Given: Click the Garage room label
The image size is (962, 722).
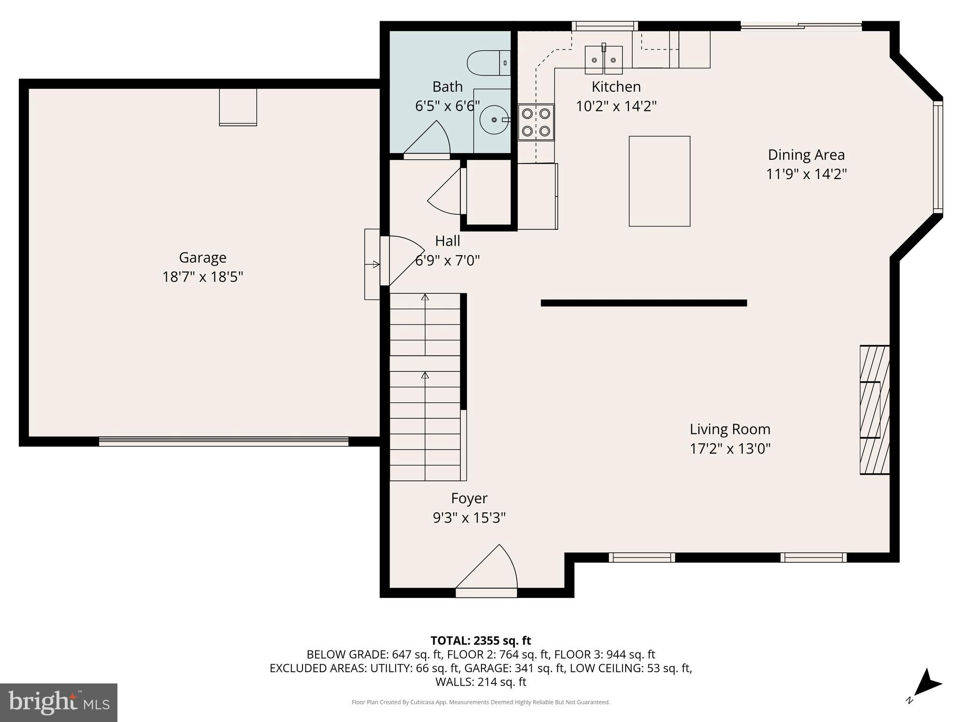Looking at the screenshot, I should click(202, 258).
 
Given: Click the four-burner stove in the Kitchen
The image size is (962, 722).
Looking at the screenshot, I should click(536, 122).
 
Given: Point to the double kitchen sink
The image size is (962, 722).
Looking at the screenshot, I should click(604, 60).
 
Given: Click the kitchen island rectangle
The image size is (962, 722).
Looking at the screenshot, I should click(659, 181).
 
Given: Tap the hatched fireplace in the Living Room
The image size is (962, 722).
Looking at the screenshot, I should click(875, 410).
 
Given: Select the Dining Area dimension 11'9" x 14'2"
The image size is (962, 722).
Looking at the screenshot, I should click(806, 174).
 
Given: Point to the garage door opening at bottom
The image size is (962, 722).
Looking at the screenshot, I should click(224, 441).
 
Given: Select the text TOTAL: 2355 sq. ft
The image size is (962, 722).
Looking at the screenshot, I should click(481, 641).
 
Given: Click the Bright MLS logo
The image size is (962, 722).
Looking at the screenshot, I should click(59, 702).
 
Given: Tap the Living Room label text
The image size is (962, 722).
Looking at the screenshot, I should click(729, 429).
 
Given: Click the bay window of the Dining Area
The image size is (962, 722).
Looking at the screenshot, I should click(938, 157).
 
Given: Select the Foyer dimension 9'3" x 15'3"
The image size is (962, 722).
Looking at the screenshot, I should click(469, 518).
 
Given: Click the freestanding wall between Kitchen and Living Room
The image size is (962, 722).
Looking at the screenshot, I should click(644, 303).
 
